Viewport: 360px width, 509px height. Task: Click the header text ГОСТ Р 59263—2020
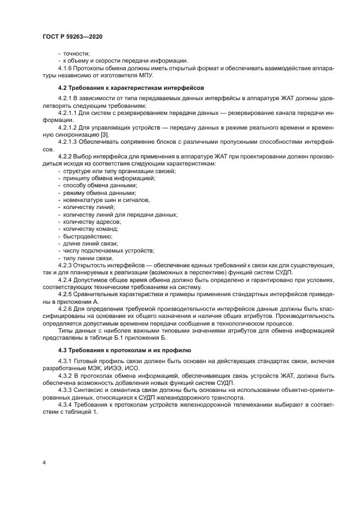coord(72,36)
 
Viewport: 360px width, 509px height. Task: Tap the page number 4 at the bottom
coord(44,462)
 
